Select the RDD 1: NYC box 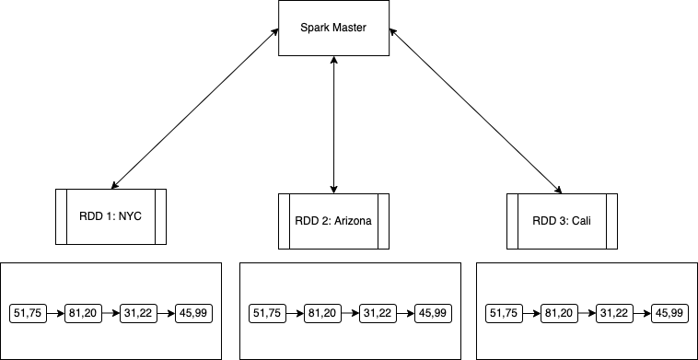tap(111, 216)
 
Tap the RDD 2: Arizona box tap(333, 221)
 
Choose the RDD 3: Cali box tap(561, 221)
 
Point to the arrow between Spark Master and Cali tap(475, 109)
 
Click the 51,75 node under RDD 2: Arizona tap(267, 313)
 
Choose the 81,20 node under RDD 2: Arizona tap(322, 313)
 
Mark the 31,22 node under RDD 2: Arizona tap(378, 313)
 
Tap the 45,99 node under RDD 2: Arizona tap(433, 313)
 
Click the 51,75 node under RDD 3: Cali tap(504, 313)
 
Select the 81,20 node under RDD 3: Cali tap(559, 313)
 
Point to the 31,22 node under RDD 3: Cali tap(614, 313)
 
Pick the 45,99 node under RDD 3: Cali tap(669, 313)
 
